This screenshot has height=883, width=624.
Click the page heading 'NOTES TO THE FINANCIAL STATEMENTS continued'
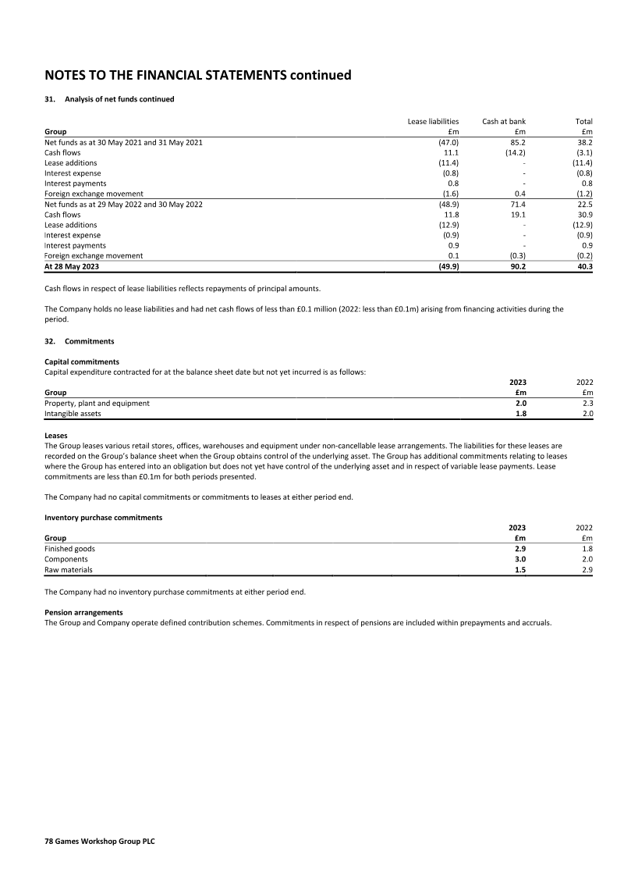tap(198, 76)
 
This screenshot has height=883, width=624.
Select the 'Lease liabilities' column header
tap(433, 122)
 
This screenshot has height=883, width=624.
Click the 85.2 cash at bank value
tap(518, 143)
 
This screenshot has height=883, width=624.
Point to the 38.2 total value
tap(585, 143)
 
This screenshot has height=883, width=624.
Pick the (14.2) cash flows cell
tap(515, 153)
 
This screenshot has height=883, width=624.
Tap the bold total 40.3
tap(584, 266)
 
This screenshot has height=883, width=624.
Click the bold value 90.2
tap(517, 266)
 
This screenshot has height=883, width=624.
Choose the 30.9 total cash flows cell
tap(585, 214)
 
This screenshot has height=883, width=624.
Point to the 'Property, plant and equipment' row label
tap(97, 404)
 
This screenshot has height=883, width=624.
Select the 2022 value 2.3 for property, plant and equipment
tap(587, 404)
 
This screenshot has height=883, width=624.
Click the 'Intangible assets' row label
tap(73, 414)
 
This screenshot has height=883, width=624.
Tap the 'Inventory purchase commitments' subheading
tap(103, 518)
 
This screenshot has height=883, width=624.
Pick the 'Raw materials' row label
tap(69, 570)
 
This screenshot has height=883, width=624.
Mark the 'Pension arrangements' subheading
tap(83, 612)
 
